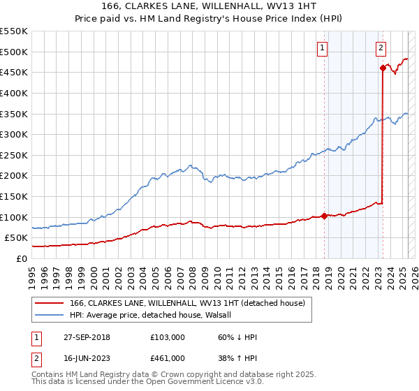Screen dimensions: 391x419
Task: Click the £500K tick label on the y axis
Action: click(x=14, y=52)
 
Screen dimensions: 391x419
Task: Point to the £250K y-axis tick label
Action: click(x=14, y=155)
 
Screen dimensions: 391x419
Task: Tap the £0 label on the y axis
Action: click(x=22, y=258)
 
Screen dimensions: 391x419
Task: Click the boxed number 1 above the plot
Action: click(x=323, y=48)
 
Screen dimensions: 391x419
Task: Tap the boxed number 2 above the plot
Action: click(x=381, y=48)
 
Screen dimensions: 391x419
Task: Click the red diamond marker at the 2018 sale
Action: click(x=325, y=216)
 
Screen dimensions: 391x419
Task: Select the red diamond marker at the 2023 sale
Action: click(x=383, y=68)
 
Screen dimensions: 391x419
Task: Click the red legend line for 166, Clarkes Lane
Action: click(x=48, y=304)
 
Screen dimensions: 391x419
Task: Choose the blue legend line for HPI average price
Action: click(x=48, y=315)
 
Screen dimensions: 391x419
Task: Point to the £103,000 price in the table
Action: click(x=168, y=337)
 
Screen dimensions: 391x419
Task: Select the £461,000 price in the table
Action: click(x=168, y=358)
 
